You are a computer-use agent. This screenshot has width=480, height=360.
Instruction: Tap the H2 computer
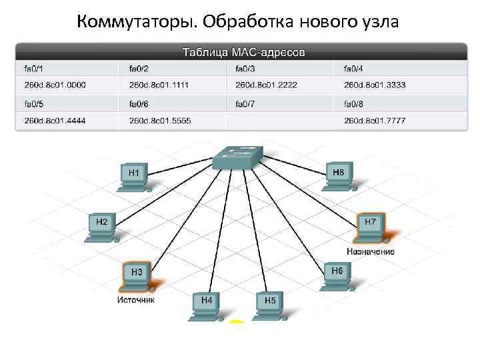pyautogui.click(x=103, y=225)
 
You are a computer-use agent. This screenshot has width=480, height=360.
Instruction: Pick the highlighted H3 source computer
pyautogui.click(x=137, y=276)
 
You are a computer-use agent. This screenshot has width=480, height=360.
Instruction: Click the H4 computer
pyautogui.click(x=207, y=305)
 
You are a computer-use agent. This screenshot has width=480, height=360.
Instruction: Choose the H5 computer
pyautogui.click(x=269, y=305)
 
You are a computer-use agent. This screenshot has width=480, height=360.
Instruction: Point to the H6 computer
pyautogui.click(x=336, y=275)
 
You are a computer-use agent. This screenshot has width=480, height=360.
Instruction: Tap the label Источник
pyautogui.click(x=136, y=300)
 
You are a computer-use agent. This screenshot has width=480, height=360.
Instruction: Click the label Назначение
pyautogui.click(x=370, y=251)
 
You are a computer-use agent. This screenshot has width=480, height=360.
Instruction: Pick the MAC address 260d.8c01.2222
pyautogui.click(x=266, y=85)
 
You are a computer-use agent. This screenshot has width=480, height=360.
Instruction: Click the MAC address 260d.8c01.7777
pyautogui.click(x=375, y=120)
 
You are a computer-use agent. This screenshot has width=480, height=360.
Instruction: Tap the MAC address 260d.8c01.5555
pyautogui.click(x=160, y=120)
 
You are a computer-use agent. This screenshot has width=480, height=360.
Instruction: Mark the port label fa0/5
pyautogui.click(x=34, y=103)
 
